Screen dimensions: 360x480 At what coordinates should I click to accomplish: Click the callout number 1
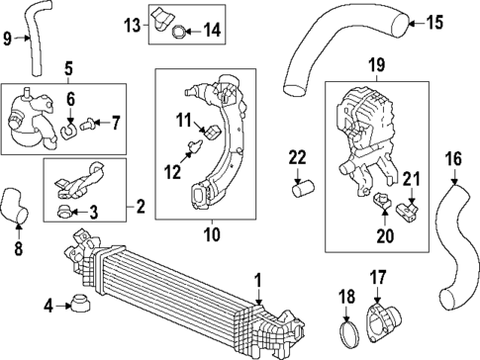[258, 280]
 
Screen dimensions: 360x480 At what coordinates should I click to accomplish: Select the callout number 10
[208, 234]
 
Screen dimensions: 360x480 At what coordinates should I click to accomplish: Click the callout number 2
[140, 207]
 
